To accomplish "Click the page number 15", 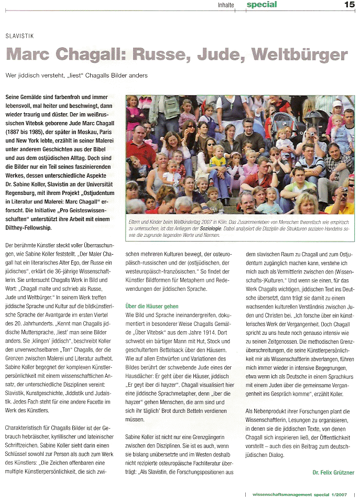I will (349, 5).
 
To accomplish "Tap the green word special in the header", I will (262, 5).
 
